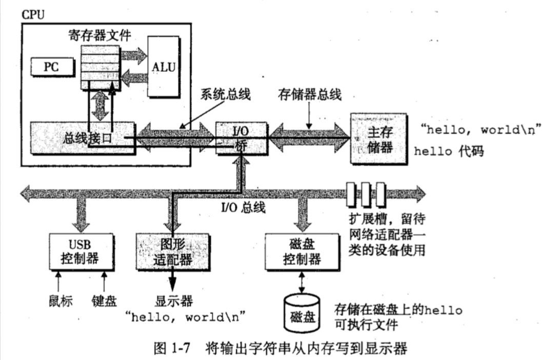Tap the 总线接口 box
[x=82, y=137]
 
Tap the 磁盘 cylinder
[x=302, y=313]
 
